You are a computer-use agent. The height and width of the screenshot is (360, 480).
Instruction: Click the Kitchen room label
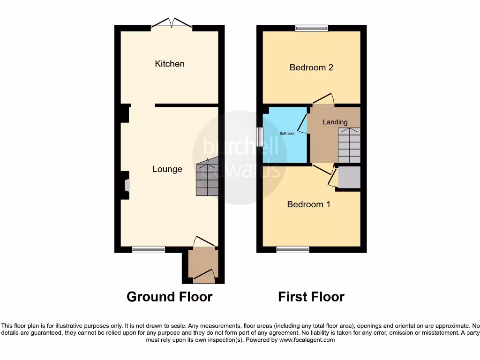tap(170, 64)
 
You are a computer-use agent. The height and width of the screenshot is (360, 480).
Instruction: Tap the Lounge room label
tap(167, 169)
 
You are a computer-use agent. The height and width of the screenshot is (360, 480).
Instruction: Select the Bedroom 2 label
tap(311, 67)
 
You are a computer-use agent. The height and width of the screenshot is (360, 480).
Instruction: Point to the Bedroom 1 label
tap(308, 204)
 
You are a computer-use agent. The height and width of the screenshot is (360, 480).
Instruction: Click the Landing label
tap(335, 122)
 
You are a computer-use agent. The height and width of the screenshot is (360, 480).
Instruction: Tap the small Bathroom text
tap(287, 134)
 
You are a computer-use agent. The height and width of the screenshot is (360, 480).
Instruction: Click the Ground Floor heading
tap(169, 297)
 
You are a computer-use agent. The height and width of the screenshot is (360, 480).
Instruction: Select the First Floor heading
tap(311, 297)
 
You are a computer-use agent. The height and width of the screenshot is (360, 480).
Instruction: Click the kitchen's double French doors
tap(171, 23)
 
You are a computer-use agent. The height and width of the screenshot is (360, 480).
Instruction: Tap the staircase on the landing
tap(349, 145)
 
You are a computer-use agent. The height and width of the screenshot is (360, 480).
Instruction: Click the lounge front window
tap(149, 249)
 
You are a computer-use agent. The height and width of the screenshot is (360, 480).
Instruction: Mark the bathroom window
tap(259, 137)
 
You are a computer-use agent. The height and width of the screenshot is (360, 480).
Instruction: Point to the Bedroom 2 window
tap(311, 29)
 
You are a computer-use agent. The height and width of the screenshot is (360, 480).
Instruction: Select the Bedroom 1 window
tap(293, 249)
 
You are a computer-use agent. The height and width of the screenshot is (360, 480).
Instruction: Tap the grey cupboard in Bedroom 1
tap(349, 177)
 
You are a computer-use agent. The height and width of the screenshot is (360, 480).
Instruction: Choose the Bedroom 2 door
tap(323, 99)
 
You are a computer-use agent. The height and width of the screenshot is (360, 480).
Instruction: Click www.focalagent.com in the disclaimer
tap(307, 340)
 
